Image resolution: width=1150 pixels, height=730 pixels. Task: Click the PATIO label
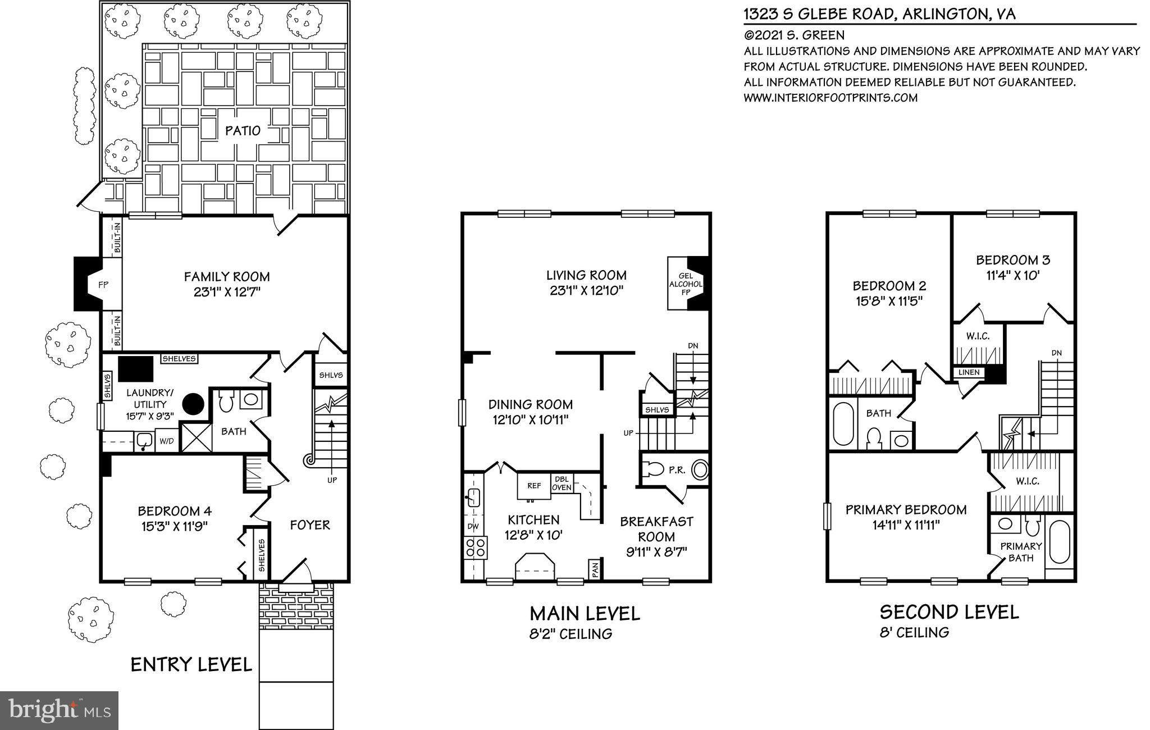(243, 131)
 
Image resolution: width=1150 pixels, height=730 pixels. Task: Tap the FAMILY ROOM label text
(227, 276)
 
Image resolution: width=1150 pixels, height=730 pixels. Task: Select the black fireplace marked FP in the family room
(90, 284)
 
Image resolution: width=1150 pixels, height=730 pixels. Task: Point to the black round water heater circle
(194, 402)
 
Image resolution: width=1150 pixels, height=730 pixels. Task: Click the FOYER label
(309, 525)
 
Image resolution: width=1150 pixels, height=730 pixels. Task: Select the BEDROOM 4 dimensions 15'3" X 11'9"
(175, 526)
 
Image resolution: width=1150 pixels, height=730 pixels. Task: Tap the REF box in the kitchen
(533, 486)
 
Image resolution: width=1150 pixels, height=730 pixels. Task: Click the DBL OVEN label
(562, 483)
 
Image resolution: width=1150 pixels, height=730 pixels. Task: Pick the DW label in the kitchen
(473, 526)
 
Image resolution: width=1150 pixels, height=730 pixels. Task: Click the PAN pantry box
(595, 569)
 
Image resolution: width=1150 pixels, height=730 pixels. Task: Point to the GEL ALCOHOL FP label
(685, 284)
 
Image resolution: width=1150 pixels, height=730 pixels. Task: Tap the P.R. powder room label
(677, 470)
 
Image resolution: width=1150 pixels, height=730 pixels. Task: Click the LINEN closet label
(969, 372)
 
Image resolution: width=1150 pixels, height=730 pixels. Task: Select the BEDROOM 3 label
(1012, 260)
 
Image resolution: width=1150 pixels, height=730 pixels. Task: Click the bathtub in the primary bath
(1060, 542)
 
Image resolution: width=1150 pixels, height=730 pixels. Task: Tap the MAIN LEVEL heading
(585, 613)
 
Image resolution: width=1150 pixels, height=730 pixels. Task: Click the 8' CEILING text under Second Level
(914, 632)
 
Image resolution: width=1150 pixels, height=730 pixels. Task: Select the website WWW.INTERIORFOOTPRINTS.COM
(830, 97)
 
